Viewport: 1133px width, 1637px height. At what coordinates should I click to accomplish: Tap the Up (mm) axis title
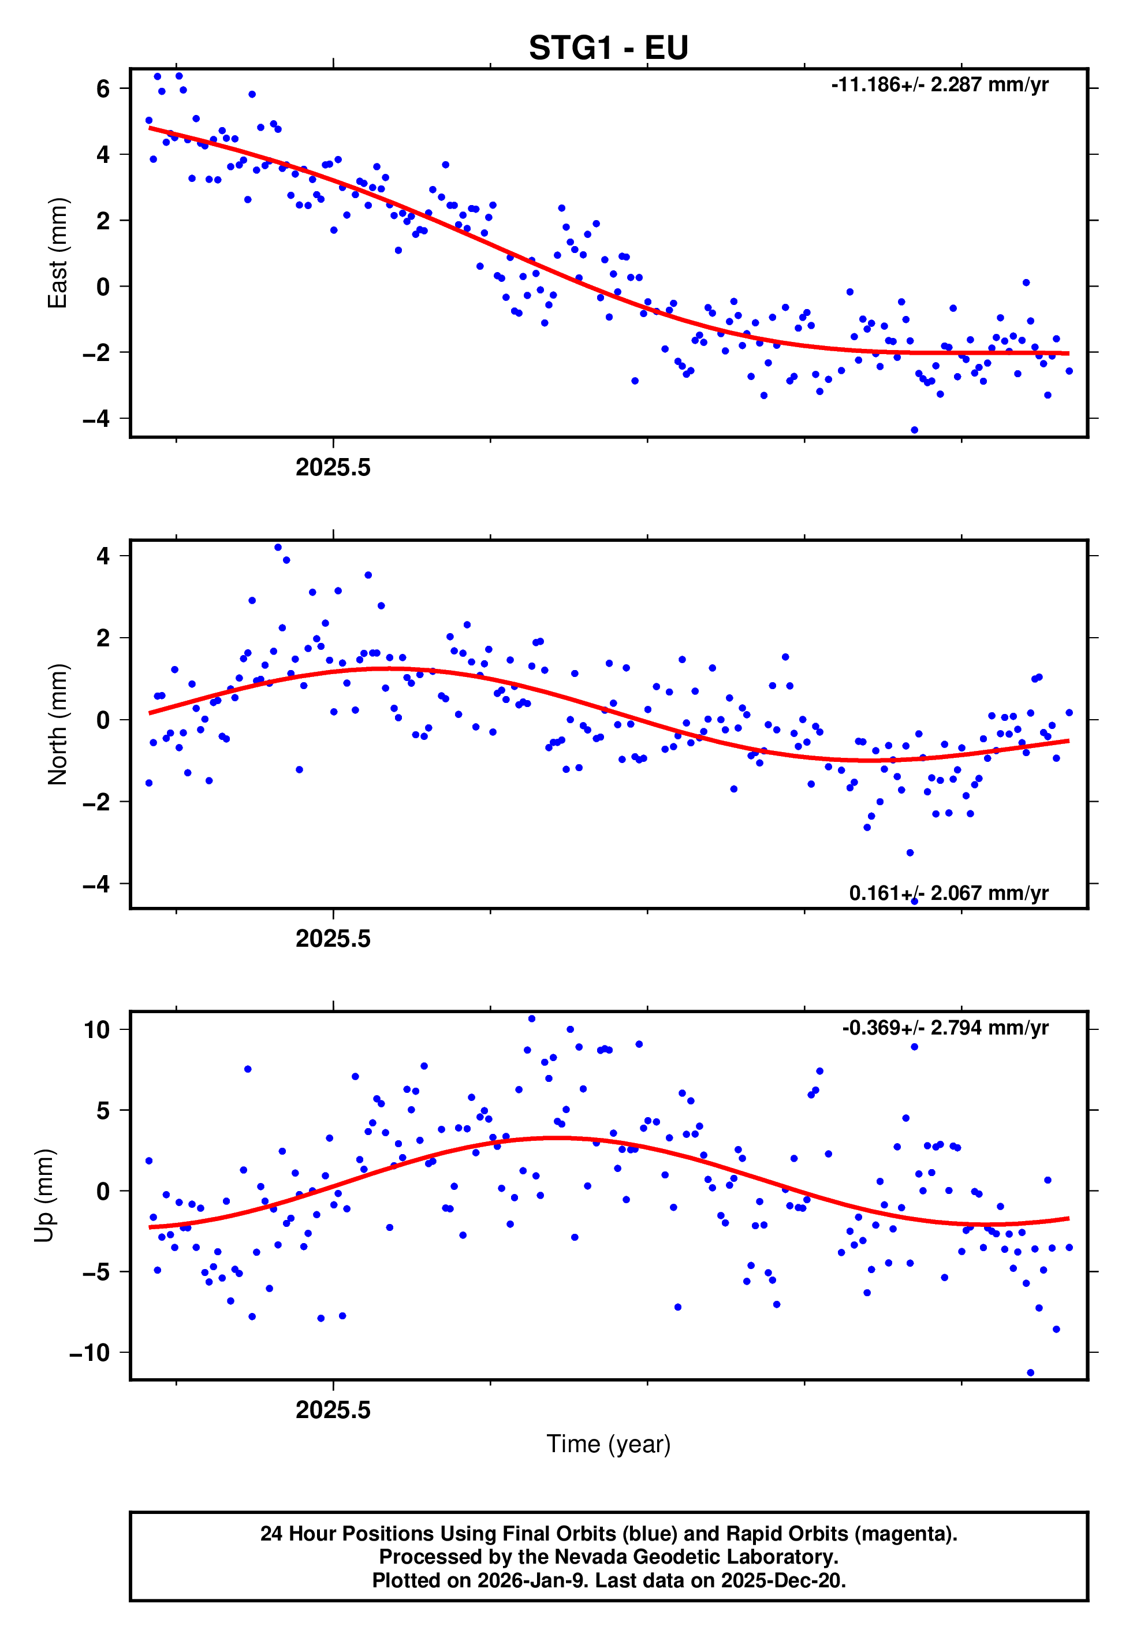coord(44,1196)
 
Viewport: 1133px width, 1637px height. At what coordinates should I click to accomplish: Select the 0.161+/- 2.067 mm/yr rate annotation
coord(948,893)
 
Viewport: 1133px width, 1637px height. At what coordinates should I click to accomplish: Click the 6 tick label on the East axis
coord(103,89)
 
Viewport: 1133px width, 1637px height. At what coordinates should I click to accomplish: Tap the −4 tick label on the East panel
coord(96,419)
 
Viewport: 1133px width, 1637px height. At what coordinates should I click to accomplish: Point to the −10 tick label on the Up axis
coord(90,1352)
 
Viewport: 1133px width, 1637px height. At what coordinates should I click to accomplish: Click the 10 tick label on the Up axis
coord(96,1029)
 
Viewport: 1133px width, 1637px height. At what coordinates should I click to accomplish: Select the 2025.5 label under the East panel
coord(333,468)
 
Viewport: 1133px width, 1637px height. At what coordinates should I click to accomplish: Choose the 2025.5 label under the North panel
coord(333,939)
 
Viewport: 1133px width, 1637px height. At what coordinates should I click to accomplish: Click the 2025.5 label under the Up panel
coord(333,1410)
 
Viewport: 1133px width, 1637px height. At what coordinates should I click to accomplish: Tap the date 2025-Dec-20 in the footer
coord(782,1580)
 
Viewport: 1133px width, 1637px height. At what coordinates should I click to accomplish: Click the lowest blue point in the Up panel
coord(1030,1373)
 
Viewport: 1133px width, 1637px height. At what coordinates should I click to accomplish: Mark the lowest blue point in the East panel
coord(914,430)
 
